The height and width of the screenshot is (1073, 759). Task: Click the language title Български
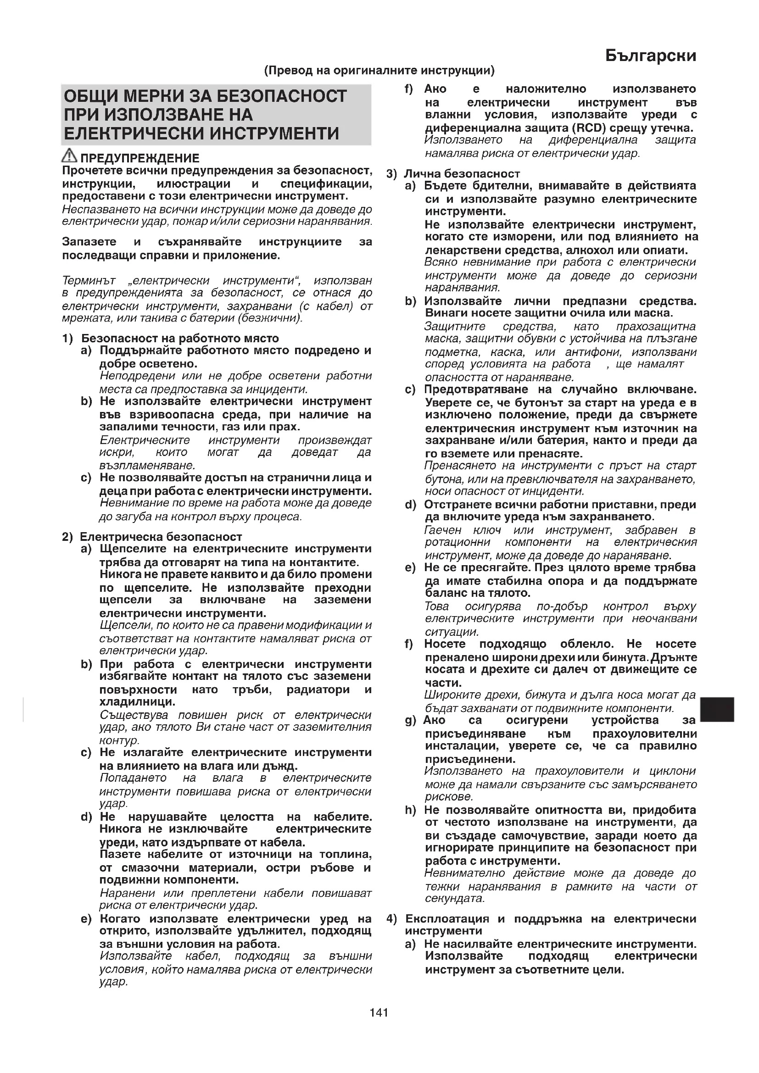click(650, 56)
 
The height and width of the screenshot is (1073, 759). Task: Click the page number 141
click(379, 1013)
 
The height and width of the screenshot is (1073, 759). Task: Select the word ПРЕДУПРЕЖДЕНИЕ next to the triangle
click(140, 158)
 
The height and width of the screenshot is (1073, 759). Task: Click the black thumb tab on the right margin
click(717, 709)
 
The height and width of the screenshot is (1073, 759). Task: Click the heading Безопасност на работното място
click(180, 339)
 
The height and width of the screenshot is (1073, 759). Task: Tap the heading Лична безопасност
click(462, 174)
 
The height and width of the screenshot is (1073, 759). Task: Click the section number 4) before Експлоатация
click(391, 919)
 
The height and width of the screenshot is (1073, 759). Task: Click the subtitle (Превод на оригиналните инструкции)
click(379, 71)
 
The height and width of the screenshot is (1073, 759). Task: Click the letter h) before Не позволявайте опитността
click(410, 810)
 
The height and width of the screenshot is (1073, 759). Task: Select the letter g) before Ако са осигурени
click(410, 721)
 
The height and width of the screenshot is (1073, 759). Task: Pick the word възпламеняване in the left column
click(147, 466)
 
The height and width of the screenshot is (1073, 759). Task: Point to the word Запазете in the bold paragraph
click(89, 242)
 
